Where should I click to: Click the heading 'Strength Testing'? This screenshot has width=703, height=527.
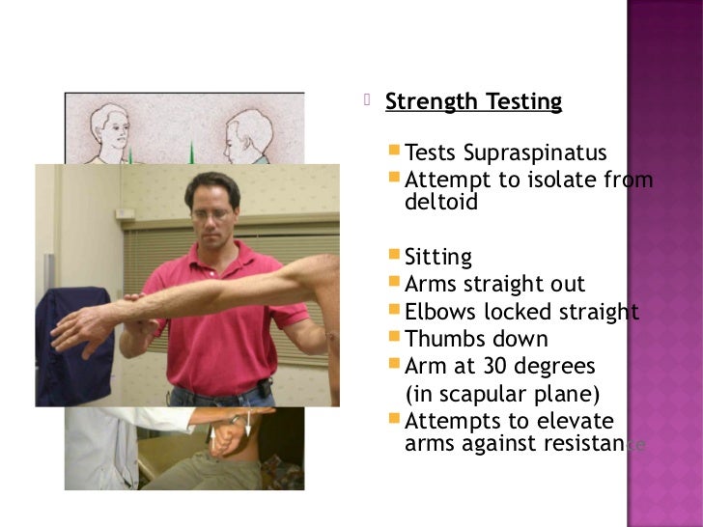coord(473,101)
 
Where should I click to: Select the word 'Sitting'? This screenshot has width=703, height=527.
coord(438,258)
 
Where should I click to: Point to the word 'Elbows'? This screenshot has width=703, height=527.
coord(436,312)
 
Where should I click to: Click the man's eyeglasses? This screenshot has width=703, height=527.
coord(212,212)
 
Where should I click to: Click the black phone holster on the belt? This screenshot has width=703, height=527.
coord(265,391)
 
